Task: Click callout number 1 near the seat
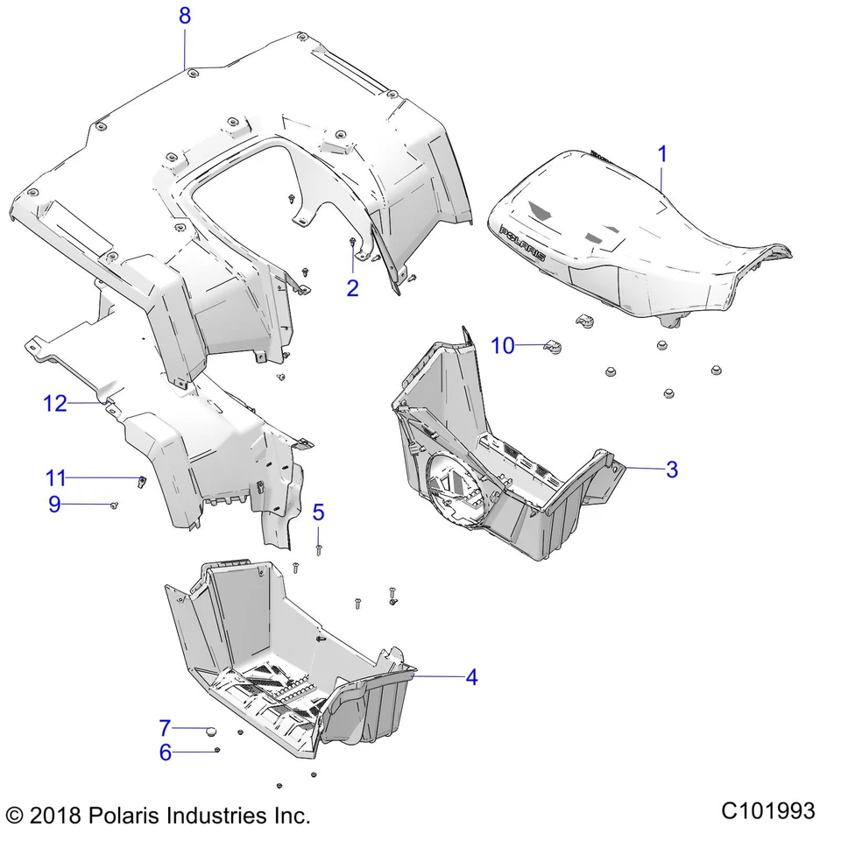(x=662, y=155)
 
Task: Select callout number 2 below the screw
(x=352, y=287)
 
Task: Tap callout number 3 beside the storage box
(x=672, y=469)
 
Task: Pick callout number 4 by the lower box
(x=471, y=676)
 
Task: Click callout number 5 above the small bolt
(x=318, y=512)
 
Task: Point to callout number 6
(x=165, y=752)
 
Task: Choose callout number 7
(x=165, y=728)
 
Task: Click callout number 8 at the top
(x=184, y=15)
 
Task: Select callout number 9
(x=54, y=505)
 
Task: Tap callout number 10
(x=503, y=345)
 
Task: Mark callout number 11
(x=56, y=478)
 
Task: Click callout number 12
(x=55, y=403)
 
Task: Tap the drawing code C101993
(x=767, y=810)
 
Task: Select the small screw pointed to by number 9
(x=115, y=505)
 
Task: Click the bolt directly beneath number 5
(x=319, y=548)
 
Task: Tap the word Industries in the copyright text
(x=215, y=816)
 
